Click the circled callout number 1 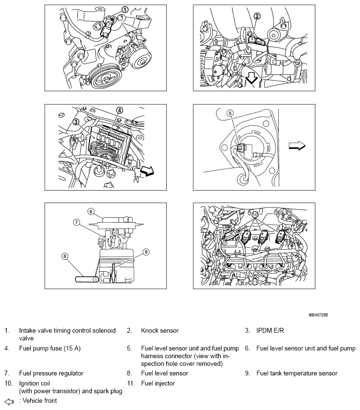(124, 10)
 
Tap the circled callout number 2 (257, 16)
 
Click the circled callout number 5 (230, 113)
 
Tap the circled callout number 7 (75, 222)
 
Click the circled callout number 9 (147, 252)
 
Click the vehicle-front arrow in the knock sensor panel (251, 79)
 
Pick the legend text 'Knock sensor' (160, 330)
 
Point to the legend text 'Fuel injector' (158, 383)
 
